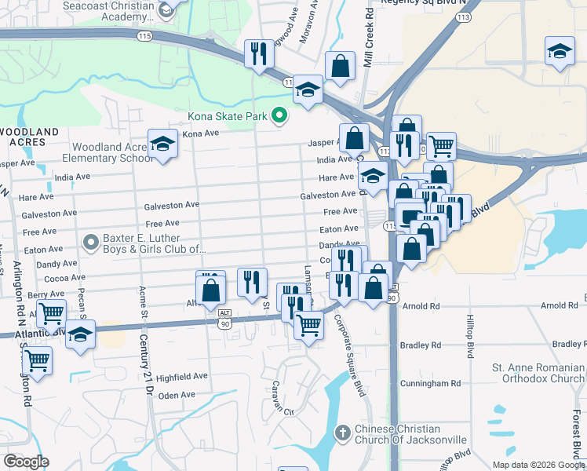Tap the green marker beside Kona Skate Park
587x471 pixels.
pos(278,117)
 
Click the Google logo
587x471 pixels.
pos(26,462)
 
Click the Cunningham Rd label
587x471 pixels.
pos(434,383)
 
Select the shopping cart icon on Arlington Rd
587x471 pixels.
pos(37,362)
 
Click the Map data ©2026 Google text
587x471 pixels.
pos(538,465)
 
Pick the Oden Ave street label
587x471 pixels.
pos(177,395)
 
